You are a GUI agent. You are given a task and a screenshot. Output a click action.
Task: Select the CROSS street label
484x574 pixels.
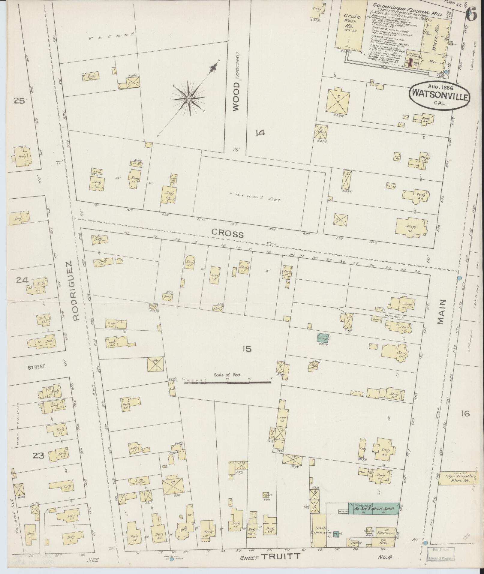point(227,233)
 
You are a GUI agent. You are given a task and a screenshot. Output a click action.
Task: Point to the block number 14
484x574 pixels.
point(260,133)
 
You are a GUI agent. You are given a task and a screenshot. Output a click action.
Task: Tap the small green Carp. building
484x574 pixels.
point(323,338)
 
